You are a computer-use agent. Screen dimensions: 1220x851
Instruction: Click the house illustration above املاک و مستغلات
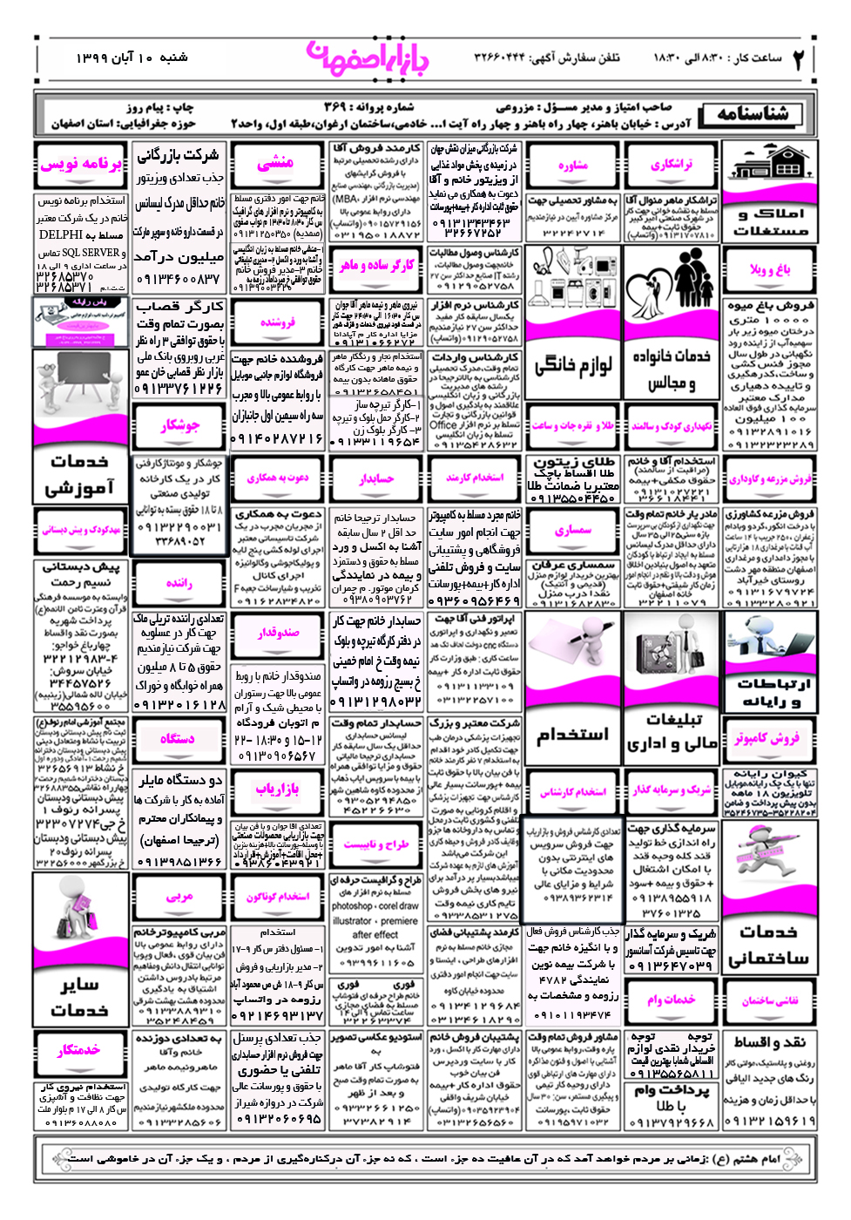coord(769,166)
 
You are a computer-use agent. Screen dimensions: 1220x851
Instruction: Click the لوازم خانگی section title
coord(572,364)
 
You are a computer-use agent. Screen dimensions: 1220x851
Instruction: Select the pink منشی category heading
coord(276,163)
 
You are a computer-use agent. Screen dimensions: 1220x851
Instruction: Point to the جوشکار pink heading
coord(179,426)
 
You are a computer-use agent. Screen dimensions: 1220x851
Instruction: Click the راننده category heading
coord(179,583)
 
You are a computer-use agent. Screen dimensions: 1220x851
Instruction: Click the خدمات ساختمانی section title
coord(768,945)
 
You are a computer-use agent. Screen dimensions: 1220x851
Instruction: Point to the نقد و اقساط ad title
coord(770,1042)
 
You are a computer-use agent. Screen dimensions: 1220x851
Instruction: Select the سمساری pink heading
coord(573,530)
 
